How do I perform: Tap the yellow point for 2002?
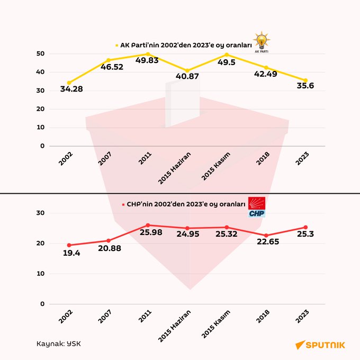[x=69, y=83]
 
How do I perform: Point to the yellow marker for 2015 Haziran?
[x=187, y=70]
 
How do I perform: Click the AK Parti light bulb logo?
[x=260, y=42]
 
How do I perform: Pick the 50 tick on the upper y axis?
[x=40, y=53]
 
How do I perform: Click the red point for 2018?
[x=266, y=236]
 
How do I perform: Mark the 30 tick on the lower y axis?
[x=40, y=213]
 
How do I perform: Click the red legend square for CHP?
[x=123, y=204]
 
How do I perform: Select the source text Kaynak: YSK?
[x=59, y=343]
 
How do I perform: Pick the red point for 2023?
[x=305, y=228]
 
